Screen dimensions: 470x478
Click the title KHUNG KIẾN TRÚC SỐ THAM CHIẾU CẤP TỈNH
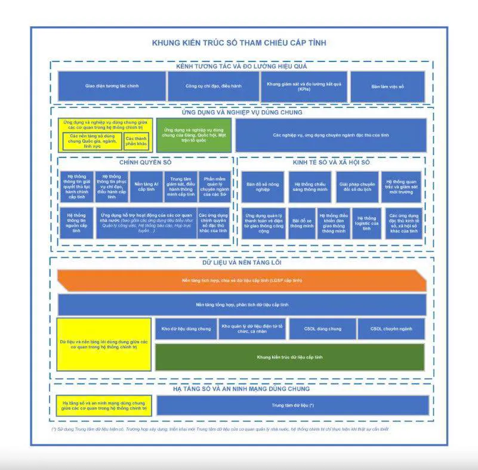pos(239,43)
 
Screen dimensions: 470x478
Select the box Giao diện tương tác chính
pos(112,86)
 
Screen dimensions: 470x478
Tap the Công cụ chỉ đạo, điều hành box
pos(212,86)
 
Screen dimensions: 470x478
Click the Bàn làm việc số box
pos(388,86)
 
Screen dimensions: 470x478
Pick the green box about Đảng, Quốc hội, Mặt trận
pos(193,135)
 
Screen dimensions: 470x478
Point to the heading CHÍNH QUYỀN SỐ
pos(145,162)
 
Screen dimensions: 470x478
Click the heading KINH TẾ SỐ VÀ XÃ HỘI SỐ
pos(331,162)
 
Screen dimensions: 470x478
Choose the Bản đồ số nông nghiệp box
pos(263,187)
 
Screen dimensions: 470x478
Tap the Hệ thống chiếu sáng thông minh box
pos(310,187)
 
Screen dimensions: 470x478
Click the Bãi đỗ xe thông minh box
pos(302,223)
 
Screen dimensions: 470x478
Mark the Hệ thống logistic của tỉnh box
pos(366,223)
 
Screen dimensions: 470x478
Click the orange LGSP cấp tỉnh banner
pos(242,280)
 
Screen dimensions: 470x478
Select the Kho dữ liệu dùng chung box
pos(186,329)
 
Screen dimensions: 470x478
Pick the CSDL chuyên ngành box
pos(391,329)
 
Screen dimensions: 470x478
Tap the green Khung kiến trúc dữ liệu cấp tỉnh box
pos(289,357)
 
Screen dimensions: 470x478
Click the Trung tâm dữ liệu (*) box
pos(292,406)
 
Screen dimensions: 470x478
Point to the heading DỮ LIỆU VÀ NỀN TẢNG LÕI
pos(242,262)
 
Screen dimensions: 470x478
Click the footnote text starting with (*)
pos(221,429)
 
